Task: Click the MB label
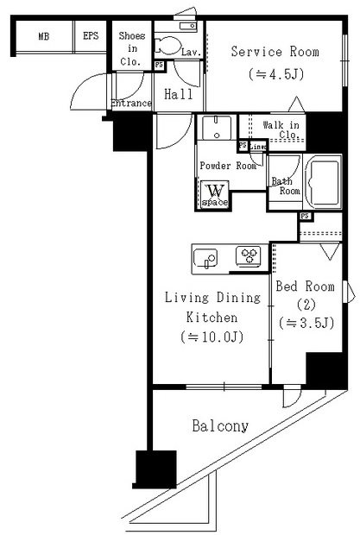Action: [43, 36]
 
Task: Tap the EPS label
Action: [91, 36]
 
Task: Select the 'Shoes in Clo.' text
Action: [131, 49]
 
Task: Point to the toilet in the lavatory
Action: [167, 47]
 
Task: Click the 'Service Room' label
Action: [275, 52]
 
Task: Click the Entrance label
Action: [131, 104]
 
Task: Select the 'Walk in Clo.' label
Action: [281, 130]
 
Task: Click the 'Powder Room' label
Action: [228, 166]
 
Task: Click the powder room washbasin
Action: [212, 130]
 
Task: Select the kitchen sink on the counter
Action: [207, 256]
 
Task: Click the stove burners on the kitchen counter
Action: [249, 255]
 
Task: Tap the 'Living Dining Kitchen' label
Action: [212, 308]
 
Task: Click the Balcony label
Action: [220, 425]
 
